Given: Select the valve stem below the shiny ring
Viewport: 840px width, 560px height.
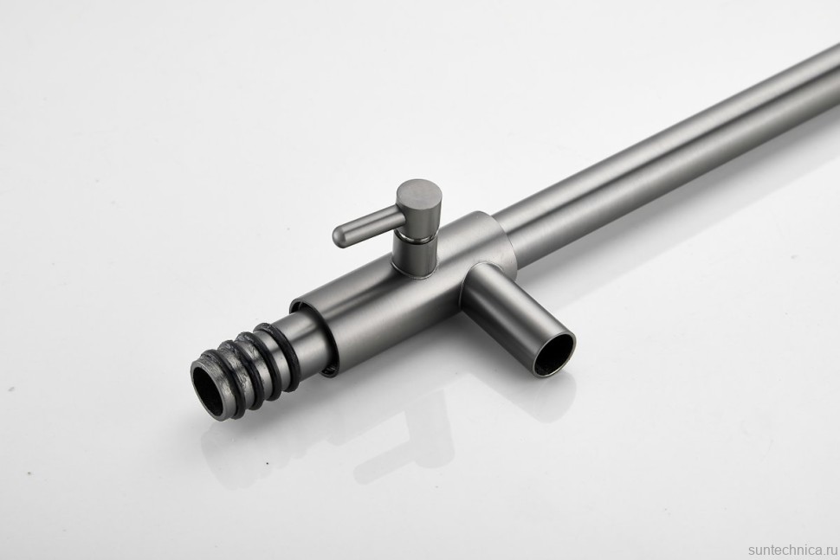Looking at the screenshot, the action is (415, 258).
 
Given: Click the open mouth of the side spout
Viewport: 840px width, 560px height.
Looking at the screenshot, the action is (553, 353).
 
